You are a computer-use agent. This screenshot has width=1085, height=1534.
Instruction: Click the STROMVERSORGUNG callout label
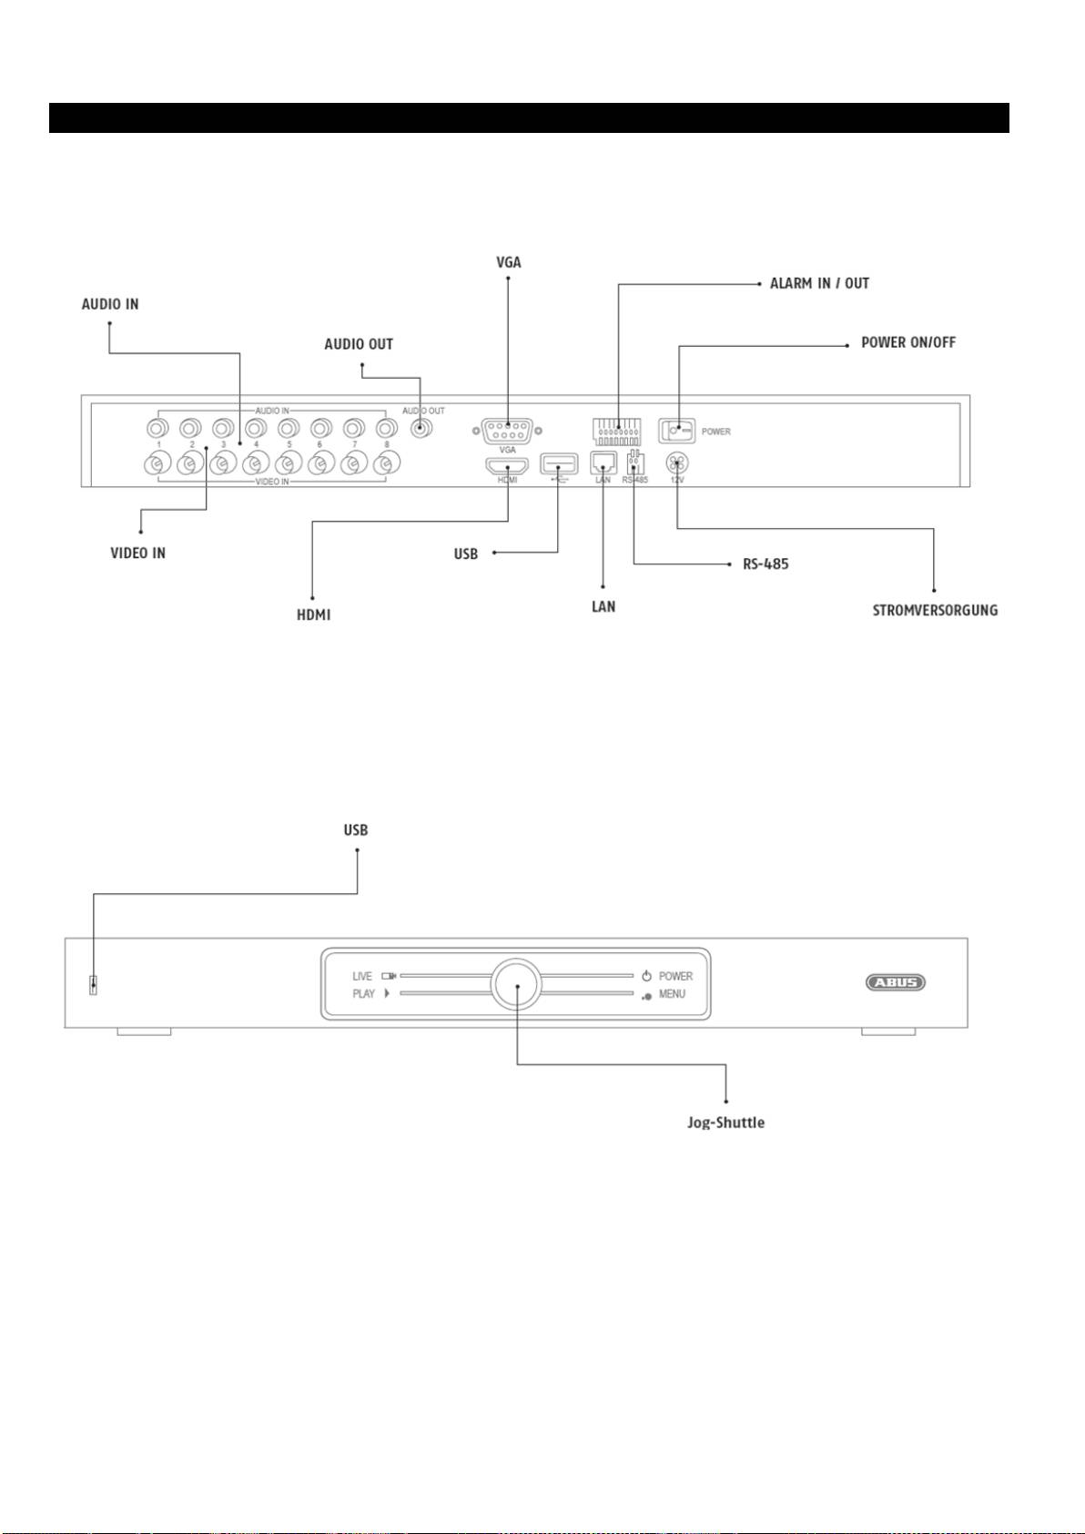(935, 610)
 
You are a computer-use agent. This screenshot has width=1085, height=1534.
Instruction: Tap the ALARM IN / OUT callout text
(819, 283)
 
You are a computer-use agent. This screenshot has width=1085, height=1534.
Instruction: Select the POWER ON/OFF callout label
(908, 342)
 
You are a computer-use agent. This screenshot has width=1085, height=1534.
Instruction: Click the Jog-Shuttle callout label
(725, 1123)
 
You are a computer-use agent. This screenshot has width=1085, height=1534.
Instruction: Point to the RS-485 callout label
(766, 564)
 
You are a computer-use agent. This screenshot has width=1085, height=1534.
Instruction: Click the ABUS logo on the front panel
(896, 982)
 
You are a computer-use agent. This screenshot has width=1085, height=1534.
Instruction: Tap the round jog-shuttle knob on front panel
(516, 984)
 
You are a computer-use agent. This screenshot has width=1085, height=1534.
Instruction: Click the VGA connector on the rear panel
(507, 431)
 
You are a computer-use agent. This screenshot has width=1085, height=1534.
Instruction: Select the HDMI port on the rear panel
(507, 466)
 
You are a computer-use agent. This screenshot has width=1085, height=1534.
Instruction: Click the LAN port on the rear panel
(603, 463)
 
